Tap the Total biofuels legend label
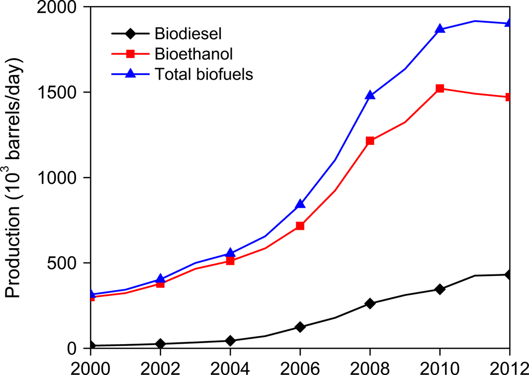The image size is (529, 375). [x=204, y=74]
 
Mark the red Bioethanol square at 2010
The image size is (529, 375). [x=440, y=89]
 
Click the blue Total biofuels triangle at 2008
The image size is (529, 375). [x=370, y=95]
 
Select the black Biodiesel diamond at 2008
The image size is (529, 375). [x=370, y=303]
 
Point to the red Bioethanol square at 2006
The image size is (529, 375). [x=300, y=226]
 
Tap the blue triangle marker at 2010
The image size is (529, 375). [x=440, y=29]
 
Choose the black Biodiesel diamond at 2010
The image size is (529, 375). [x=440, y=289]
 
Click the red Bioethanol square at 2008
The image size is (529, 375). [x=370, y=141]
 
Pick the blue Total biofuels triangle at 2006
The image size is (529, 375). [x=300, y=204]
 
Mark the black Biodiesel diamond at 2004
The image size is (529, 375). [x=230, y=341]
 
